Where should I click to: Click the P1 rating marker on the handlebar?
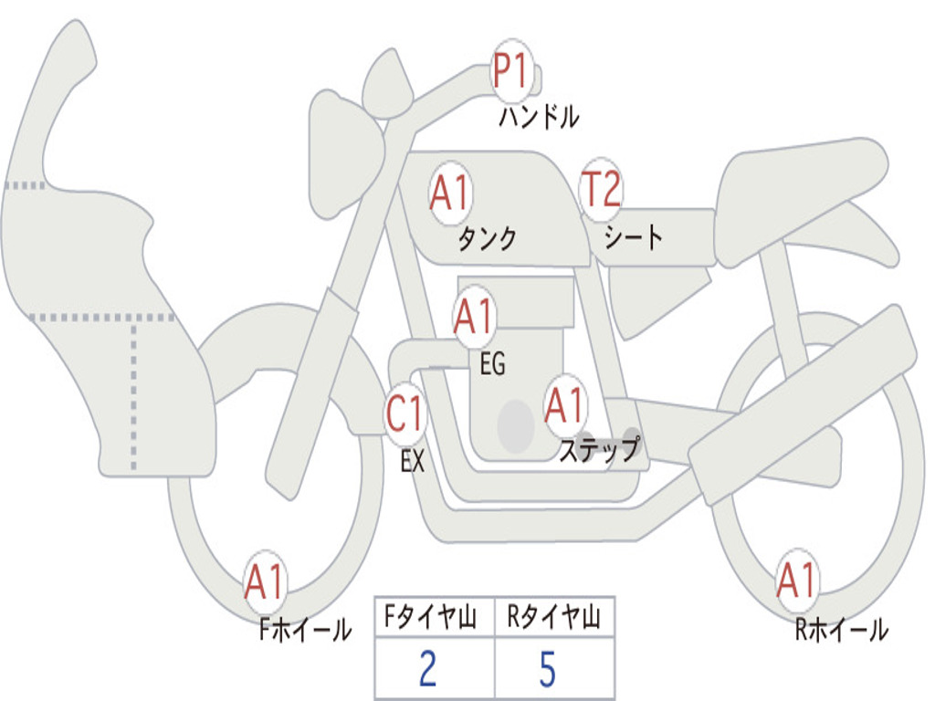[512, 70]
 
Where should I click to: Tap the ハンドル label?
[539, 117]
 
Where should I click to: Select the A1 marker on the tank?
[451, 193]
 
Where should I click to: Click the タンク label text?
[487, 239]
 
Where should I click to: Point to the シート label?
[633, 236]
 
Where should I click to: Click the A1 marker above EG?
[474, 316]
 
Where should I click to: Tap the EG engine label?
[492, 363]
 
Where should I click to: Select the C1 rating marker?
[405, 413]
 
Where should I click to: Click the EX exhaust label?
[413, 461]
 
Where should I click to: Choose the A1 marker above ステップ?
[564, 405]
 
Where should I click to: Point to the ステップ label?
[600, 449]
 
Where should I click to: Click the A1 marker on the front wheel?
[265, 581]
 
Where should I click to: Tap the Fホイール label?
[305, 630]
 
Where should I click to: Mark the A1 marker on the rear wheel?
[797, 580]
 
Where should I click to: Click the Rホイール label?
[841, 630]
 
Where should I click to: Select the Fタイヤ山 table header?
[431, 616]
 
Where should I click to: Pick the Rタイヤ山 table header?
[554, 616]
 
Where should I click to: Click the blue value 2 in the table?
[427, 669]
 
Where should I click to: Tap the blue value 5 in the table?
[548, 669]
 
